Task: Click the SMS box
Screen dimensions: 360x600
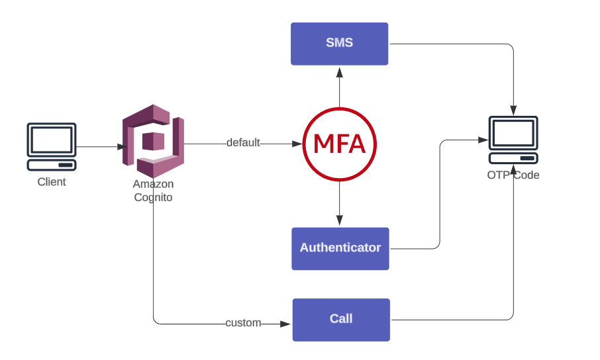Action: pyautogui.click(x=339, y=44)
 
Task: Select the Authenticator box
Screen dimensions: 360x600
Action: pyautogui.click(x=340, y=248)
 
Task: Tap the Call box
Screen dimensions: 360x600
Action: pyautogui.click(x=341, y=320)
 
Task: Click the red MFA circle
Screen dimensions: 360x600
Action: pyautogui.click(x=339, y=144)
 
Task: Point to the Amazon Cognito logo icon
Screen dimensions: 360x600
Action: pyautogui.click(x=153, y=140)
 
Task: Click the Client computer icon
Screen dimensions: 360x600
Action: pyautogui.click(x=51, y=146)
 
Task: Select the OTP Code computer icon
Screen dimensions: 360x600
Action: pyautogui.click(x=513, y=140)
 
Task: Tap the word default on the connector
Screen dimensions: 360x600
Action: pyautogui.click(x=243, y=143)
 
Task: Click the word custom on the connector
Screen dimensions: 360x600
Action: pyautogui.click(x=243, y=323)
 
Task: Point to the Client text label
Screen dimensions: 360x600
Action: pyautogui.click(x=52, y=182)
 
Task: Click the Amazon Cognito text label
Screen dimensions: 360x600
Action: pyautogui.click(x=153, y=191)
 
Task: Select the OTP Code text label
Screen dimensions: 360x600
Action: pyautogui.click(x=513, y=175)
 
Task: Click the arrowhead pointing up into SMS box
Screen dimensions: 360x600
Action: pyautogui.click(x=339, y=70)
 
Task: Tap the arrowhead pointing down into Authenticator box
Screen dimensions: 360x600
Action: pyautogui.click(x=339, y=222)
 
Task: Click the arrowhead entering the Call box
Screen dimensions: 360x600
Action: pyautogui.click(x=286, y=324)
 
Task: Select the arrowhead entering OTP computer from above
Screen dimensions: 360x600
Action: pyautogui.click(x=513, y=111)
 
